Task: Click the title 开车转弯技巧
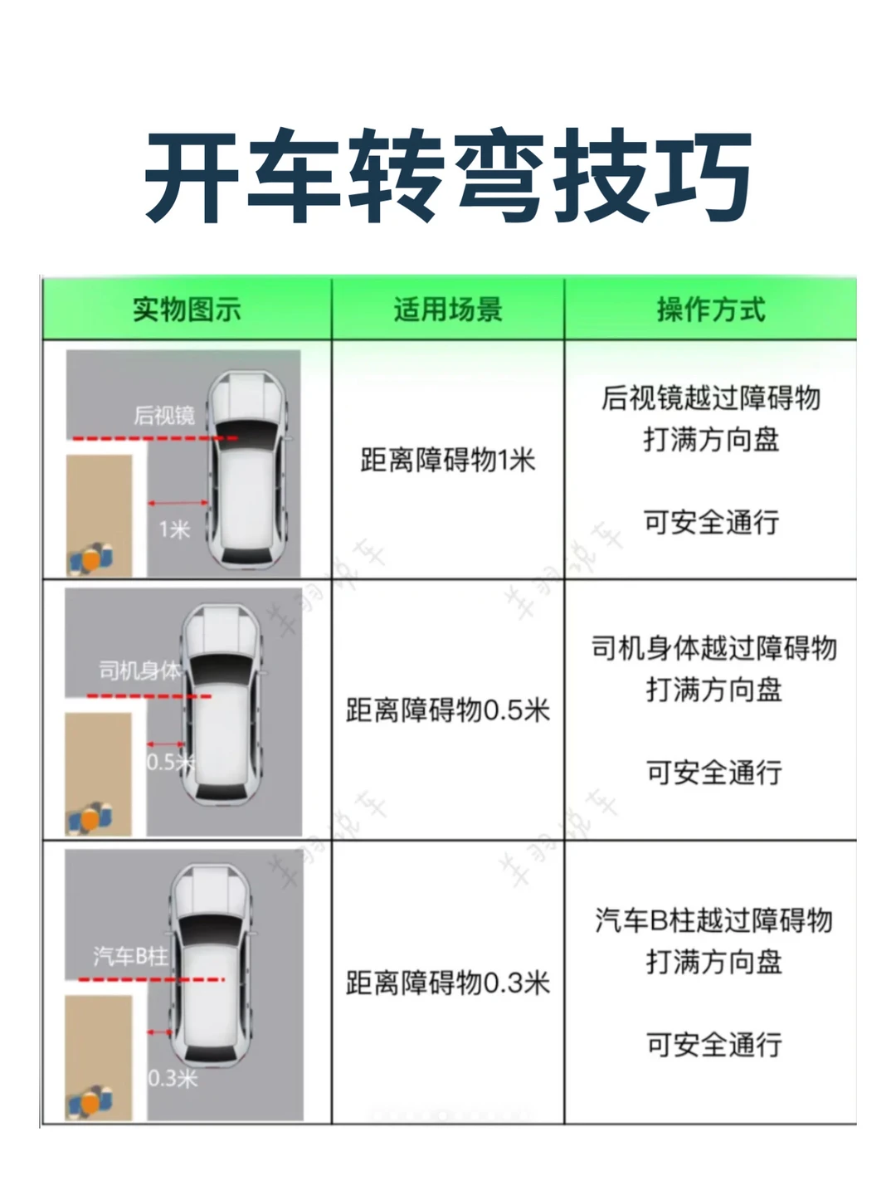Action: click(448, 175)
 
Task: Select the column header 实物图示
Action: click(187, 310)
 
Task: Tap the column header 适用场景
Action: click(448, 310)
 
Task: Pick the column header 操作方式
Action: click(711, 310)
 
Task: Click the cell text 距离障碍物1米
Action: click(448, 460)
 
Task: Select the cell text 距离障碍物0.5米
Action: click(448, 710)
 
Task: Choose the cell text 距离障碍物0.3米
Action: click(448, 983)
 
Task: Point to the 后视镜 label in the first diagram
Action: click(163, 416)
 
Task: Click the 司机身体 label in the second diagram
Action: click(139, 671)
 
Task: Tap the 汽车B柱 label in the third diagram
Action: click(130, 956)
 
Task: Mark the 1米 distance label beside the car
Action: click(174, 529)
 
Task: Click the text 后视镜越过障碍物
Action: click(711, 398)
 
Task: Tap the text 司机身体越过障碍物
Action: click(714, 648)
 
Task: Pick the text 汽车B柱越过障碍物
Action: click(714, 920)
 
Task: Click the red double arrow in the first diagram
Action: click(178, 503)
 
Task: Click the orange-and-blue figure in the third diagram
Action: click(90, 1102)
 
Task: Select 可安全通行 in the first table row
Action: click(711, 521)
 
